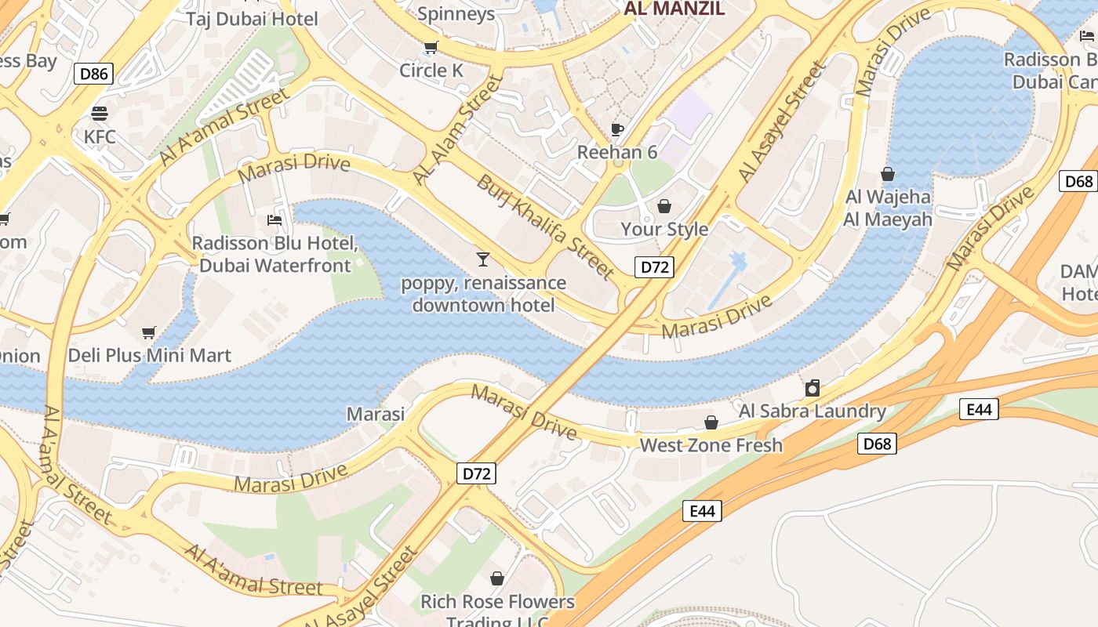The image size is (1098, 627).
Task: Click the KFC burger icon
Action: click(100, 113)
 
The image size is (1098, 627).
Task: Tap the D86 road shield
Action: click(94, 74)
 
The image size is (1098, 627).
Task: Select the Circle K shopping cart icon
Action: click(431, 48)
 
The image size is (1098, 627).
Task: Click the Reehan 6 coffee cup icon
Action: click(617, 129)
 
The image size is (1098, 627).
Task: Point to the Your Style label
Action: click(664, 229)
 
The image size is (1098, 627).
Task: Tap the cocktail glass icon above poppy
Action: click(483, 259)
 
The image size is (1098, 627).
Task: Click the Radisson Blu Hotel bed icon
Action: click(274, 219)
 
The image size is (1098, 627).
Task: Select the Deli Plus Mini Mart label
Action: click(150, 355)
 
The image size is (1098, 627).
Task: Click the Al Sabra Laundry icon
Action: click(813, 388)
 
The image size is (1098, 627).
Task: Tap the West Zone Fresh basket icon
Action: click(711, 423)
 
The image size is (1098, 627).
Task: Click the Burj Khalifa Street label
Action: click(546, 227)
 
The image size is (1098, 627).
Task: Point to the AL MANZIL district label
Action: click(674, 9)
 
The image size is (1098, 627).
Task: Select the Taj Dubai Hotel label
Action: click(252, 19)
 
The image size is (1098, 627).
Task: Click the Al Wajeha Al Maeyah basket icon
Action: click(888, 174)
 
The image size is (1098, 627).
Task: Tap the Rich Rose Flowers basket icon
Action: click(497, 579)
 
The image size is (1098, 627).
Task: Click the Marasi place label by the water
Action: click(376, 414)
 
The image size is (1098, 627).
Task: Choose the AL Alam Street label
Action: click(457, 130)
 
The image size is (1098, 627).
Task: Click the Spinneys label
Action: click(456, 13)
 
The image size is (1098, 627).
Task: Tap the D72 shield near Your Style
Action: click(654, 266)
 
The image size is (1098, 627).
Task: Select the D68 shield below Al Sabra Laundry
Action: click(877, 444)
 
